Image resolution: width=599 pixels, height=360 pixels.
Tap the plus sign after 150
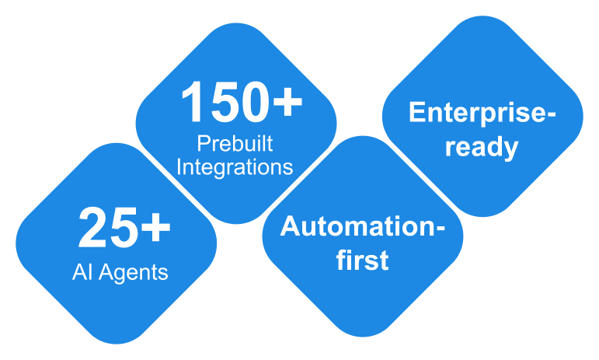point(286,103)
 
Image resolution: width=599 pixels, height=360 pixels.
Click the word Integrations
point(235,166)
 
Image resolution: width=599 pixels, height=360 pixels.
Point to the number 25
point(105,229)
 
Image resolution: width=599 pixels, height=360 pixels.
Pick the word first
point(362,260)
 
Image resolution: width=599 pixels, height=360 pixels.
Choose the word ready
point(482,147)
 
